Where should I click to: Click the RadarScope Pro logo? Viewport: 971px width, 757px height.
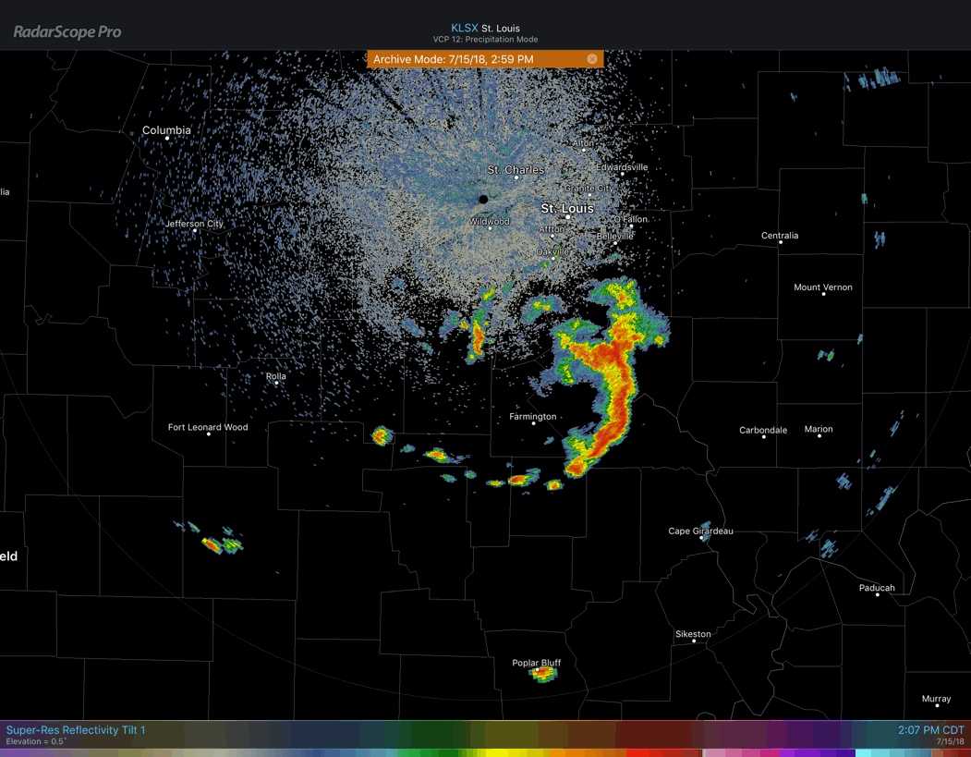(67, 31)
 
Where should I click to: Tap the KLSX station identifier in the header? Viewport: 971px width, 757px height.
(464, 28)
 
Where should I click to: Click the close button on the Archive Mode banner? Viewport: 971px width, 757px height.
(592, 59)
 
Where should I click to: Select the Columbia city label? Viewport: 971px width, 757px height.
(166, 130)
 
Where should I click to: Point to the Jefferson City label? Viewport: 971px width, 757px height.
(194, 224)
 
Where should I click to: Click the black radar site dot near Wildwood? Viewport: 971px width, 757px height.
(483, 199)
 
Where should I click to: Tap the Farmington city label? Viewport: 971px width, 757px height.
(533, 417)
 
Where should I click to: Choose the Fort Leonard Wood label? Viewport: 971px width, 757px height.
(208, 427)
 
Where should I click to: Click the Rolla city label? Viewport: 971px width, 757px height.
(275, 376)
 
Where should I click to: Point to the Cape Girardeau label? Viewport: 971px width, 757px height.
(700, 531)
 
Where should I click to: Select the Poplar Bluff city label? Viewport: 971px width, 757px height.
(537, 663)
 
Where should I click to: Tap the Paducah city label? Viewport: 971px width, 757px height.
(877, 588)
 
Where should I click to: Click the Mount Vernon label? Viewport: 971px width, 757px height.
(823, 287)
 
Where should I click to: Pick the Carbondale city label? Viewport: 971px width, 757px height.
(763, 431)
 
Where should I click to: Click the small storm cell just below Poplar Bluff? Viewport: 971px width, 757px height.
(543, 675)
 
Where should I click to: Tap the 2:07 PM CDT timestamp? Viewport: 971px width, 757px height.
(930, 730)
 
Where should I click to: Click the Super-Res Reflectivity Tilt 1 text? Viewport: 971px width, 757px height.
(76, 730)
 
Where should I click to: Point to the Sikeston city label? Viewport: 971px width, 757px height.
(693, 634)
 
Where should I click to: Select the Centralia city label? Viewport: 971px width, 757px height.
(780, 236)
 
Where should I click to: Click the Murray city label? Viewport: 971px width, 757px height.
(936, 699)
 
